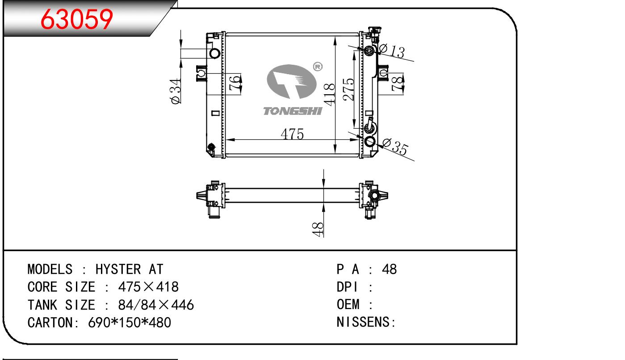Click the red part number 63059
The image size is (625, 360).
pos(76,19)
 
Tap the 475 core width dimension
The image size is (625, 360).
pos(292,134)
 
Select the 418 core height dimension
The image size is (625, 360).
pos(330,95)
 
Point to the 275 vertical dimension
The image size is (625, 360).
pos(348,89)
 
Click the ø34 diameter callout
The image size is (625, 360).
pos(176,91)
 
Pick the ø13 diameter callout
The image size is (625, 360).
pos(391,51)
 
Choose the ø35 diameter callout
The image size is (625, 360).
pos(394,147)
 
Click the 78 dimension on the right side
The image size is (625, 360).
pos(398,84)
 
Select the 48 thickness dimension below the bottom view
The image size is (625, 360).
pos(318,229)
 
